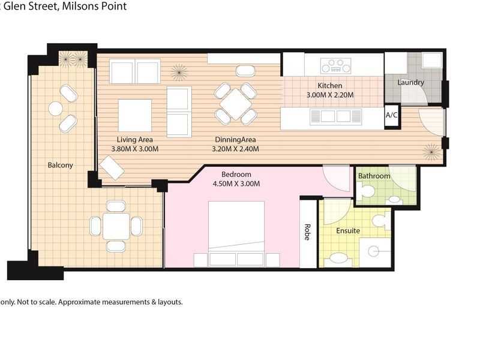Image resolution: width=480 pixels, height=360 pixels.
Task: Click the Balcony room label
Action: tap(61, 165)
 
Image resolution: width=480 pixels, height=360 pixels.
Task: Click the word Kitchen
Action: tap(330, 85)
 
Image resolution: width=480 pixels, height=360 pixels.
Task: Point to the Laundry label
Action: tap(411, 82)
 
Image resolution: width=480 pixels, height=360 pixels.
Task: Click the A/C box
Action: tap(392, 114)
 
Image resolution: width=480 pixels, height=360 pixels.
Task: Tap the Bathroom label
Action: tap(374, 176)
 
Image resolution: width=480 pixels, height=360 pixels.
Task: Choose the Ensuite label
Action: tap(348, 230)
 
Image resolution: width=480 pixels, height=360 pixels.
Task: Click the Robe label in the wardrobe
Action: tap(307, 232)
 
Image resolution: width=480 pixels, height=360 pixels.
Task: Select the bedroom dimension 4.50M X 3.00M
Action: tap(236, 184)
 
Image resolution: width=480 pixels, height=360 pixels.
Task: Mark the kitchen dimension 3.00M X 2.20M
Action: tap(330, 95)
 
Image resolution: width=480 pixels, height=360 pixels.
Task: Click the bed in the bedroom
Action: tap(236, 231)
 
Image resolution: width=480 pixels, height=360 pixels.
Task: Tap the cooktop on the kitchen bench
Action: tap(335, 65)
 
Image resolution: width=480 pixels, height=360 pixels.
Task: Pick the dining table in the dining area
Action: tap(236, 104)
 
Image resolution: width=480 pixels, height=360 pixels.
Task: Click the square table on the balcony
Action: tap(116, 226)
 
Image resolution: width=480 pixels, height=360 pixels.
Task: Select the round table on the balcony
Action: tap(56, 109)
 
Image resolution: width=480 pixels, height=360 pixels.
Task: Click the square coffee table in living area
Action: tap(135, 115)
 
